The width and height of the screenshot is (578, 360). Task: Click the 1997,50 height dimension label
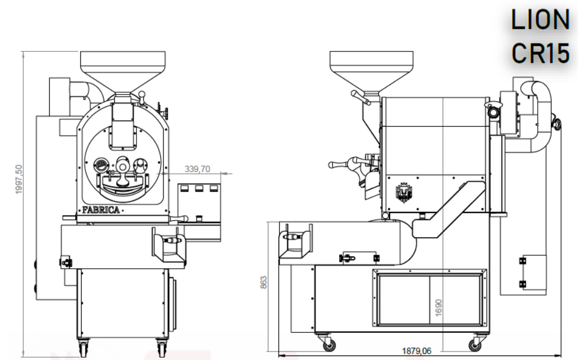(x=19, y=179)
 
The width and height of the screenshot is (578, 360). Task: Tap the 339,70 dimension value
(x=197, y=169)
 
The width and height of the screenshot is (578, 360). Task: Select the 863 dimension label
(x=264, y=282)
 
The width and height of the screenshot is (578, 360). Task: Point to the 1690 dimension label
(x=438, y=308)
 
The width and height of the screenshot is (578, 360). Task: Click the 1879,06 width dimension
(x=417, y=351)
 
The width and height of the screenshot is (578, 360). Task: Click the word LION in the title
(x=541, y=20)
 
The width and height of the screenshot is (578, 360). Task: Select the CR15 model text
(x=541, y=53)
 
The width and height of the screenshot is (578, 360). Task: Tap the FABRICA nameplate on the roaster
(x=101, y=210)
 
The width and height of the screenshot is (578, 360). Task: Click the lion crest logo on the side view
(x=404, y=192)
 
